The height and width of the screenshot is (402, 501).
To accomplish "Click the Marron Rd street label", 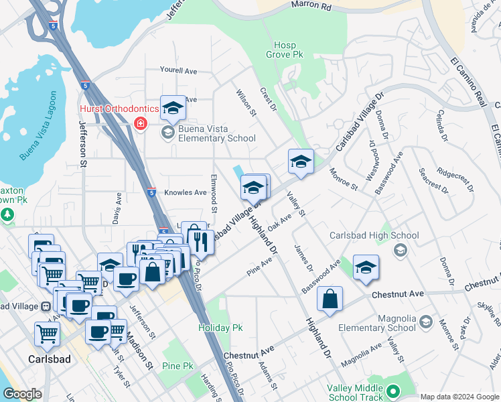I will pyautogui.click(x=311, y=5).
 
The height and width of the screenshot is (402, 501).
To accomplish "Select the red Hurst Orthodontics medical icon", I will pyautogui.click(x=141, y=123).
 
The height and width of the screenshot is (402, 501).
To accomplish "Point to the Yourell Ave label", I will pyautogui.click(x=178, y=70).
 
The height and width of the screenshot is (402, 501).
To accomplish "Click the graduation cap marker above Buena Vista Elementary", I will pyautogui.click(x=173, y=108).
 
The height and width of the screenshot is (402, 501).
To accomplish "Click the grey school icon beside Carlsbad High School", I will pyautogui.click(x=401, y=250).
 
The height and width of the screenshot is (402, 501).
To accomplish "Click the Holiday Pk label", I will pyautogui.click(x=220, y=328).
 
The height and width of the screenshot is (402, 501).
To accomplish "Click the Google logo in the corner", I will pyautogui.click(x=22, y=394).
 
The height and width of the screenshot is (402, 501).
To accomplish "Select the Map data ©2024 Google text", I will pyautogui.click(x=459, y=397).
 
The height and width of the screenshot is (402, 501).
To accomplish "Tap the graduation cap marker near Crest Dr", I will pyautogui.click(x=301, y=161).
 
